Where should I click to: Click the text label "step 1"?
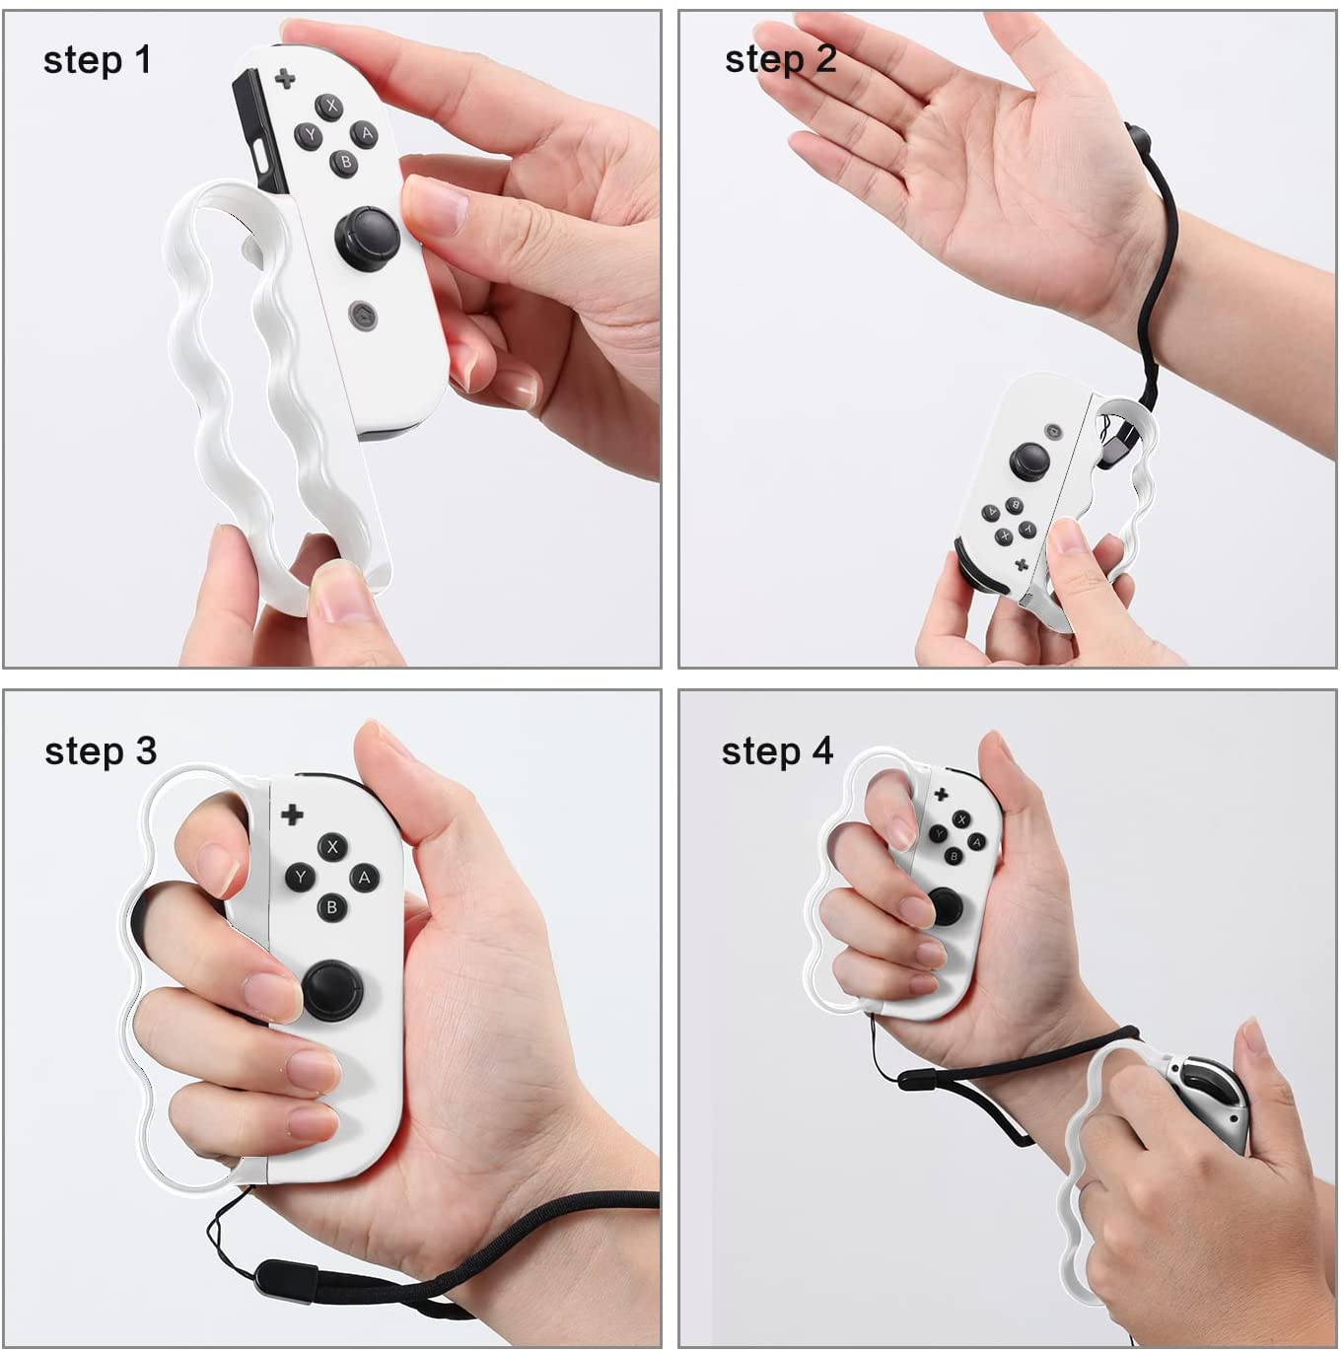[97, 60]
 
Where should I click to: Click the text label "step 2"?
[780, 59]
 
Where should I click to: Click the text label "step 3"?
[100, 751]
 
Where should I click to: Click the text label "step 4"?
[777, 751]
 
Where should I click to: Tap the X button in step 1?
[329, 107]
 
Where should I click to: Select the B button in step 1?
[345, 162]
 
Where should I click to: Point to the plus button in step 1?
[285, 78]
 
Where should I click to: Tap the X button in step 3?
[332, 847]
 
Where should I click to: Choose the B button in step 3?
[331, 906]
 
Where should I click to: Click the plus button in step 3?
[292, 815]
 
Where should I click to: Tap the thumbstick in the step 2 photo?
[1028, 458]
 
